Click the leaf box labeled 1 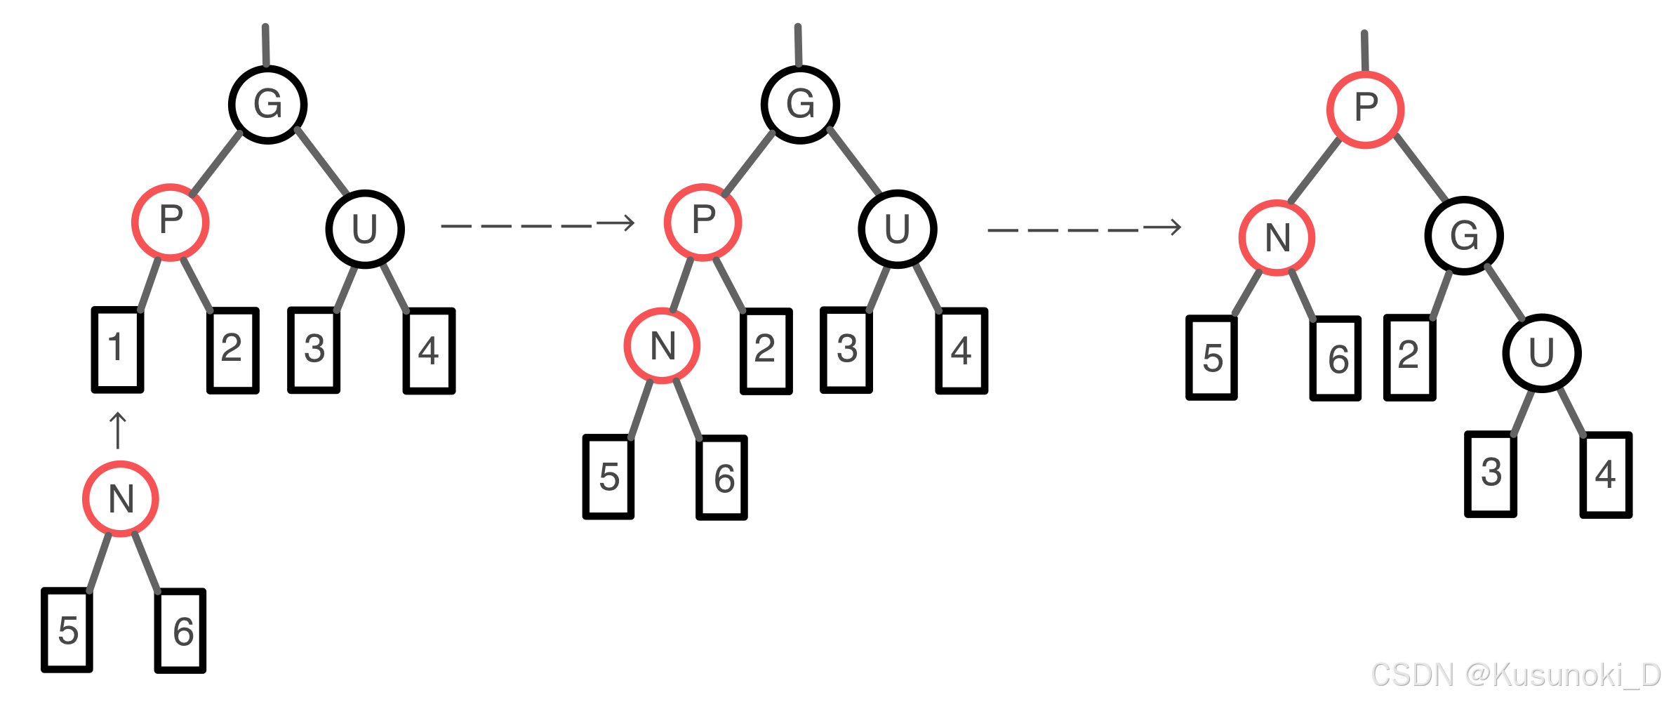pos(117,350)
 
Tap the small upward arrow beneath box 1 pos(118,430)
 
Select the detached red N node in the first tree pos(121,499)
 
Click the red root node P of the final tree pos(1365,110)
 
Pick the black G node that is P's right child pos(1463,236)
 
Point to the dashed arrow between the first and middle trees pos(538,225)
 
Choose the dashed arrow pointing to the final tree pos(1084,229)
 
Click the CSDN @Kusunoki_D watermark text pos(1516,675)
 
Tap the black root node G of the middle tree pos(800,105)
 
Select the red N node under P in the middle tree pos(662,345)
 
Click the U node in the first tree pos(364,229)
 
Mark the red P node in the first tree pos(171,222)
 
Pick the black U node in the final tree pos(1541,353)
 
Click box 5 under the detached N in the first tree pos(67,630)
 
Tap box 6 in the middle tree pos(721,477)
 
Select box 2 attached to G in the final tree pos(1409,357)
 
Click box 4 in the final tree pos(1606,475)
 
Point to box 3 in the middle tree pos(846,350)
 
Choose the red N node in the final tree pos(1277,238)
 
